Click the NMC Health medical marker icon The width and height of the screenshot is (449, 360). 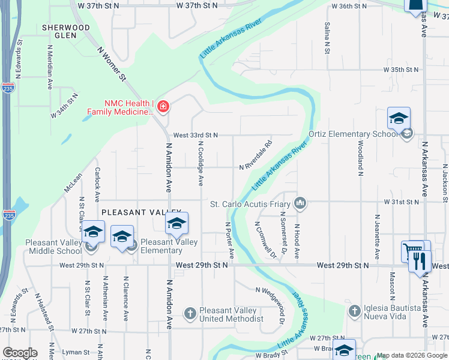click(163, 107)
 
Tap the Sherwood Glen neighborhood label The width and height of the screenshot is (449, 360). click(66, 31)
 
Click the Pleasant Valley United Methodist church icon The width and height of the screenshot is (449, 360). click(190, 313)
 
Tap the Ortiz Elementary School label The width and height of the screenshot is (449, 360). click(353, 134)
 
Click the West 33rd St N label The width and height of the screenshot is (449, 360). click(195, 136)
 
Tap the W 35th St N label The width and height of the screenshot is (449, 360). click(401, 70)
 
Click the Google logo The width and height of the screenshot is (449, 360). click(20, 353)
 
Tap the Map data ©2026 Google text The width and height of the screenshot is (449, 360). click(411, 356)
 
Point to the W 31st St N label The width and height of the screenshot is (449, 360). click(402, 203)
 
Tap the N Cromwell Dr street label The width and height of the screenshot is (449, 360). click(266, 241)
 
